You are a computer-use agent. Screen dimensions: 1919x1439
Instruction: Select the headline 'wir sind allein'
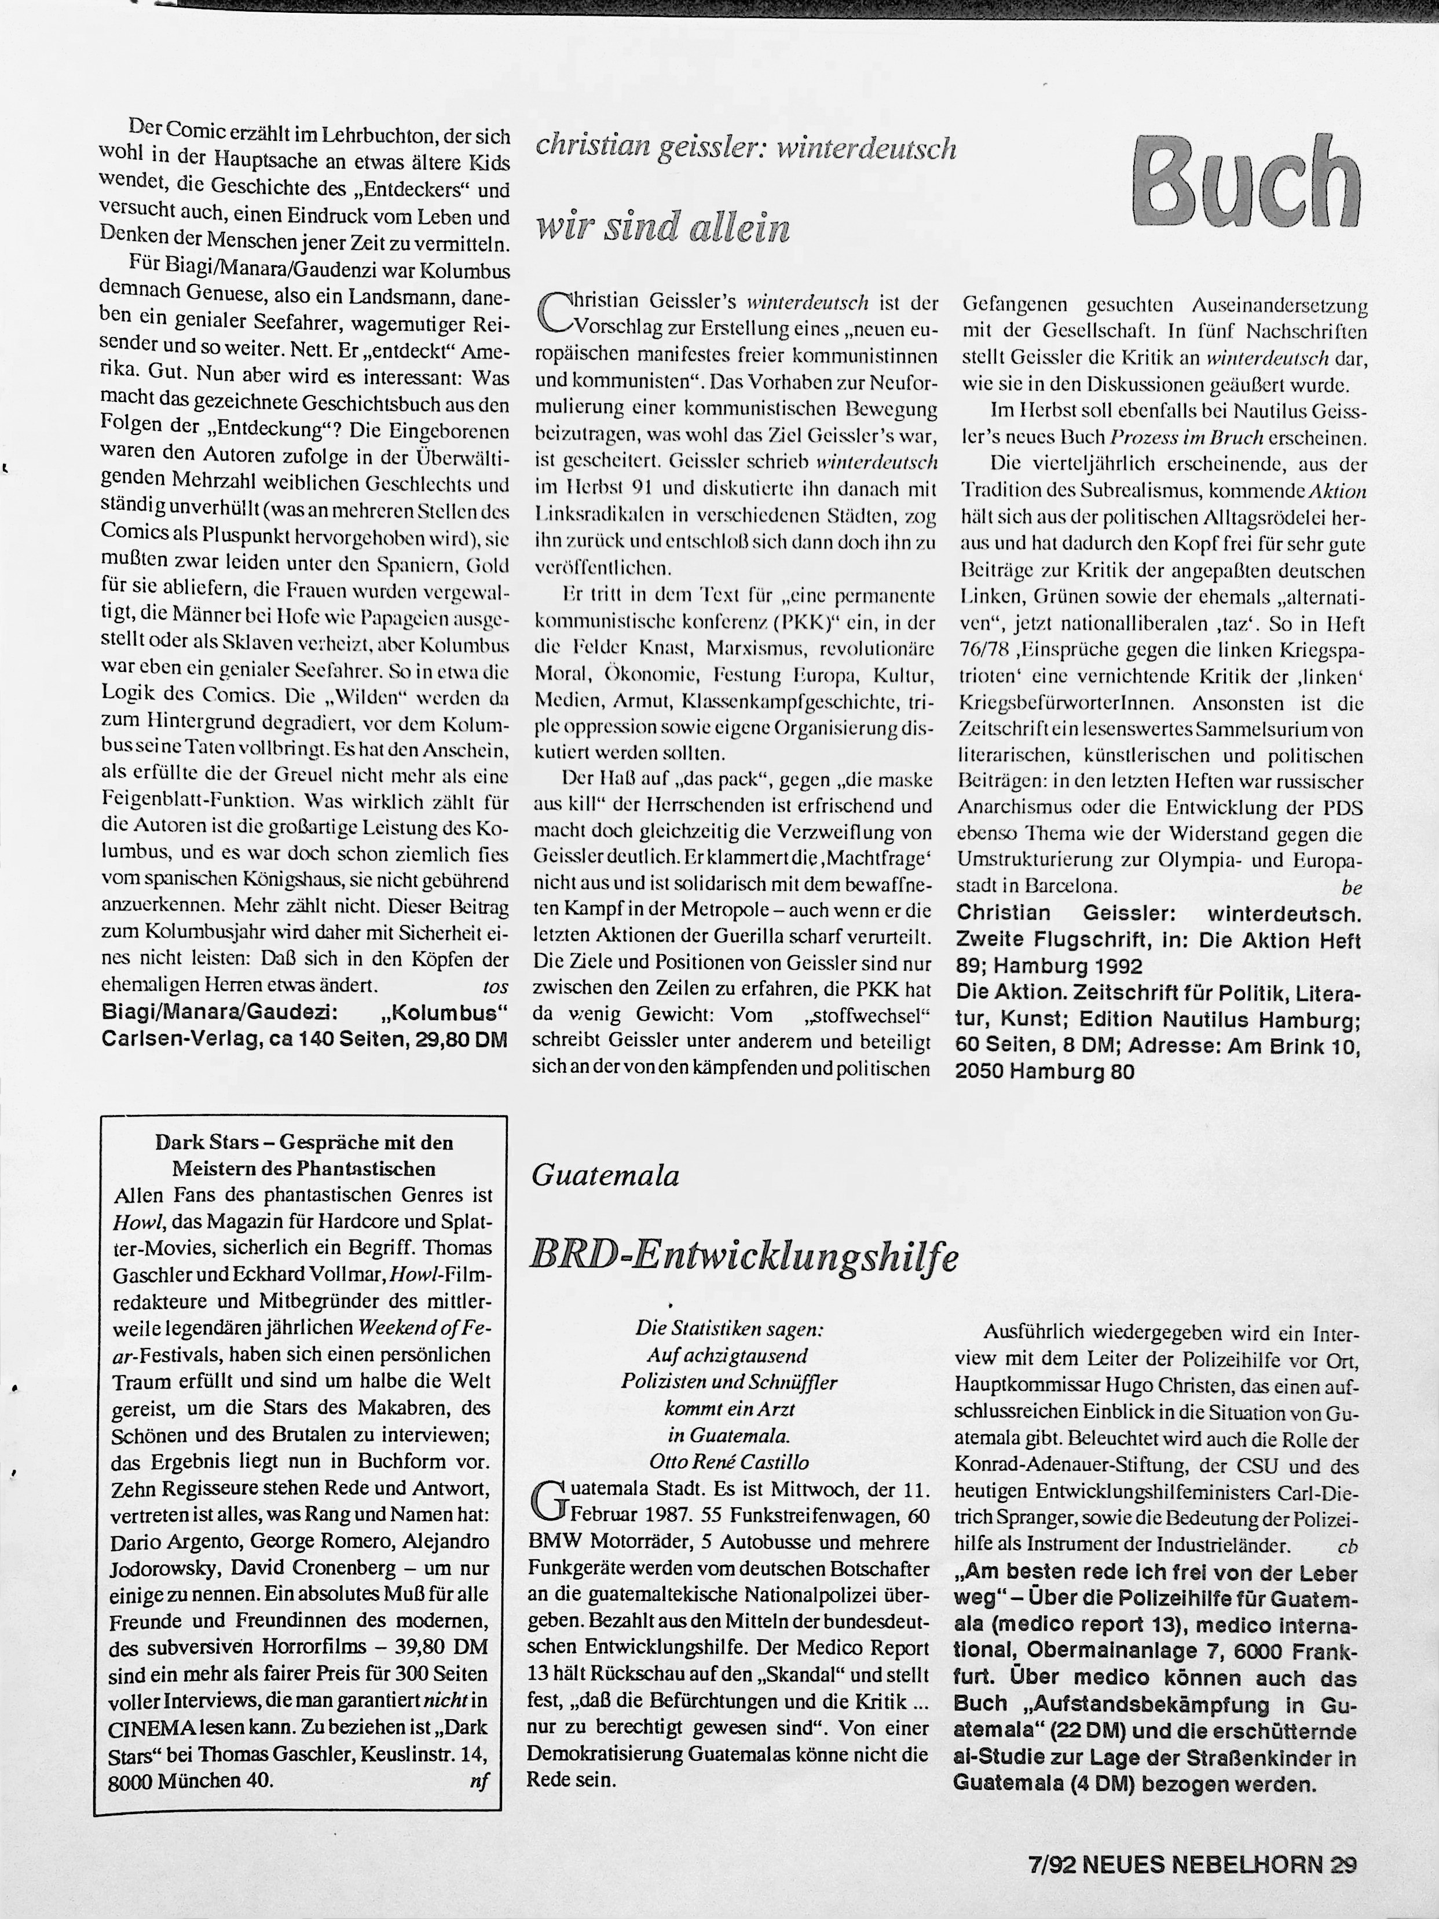pos(664,226)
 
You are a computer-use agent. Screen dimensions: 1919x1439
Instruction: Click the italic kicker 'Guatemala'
pos(605,1175)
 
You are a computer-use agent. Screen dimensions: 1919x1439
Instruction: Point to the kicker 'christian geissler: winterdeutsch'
pos(745,148)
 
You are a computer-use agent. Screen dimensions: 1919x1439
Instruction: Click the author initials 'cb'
pos(1347,1545)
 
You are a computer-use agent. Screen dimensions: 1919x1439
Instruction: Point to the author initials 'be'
pos(1350,887)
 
